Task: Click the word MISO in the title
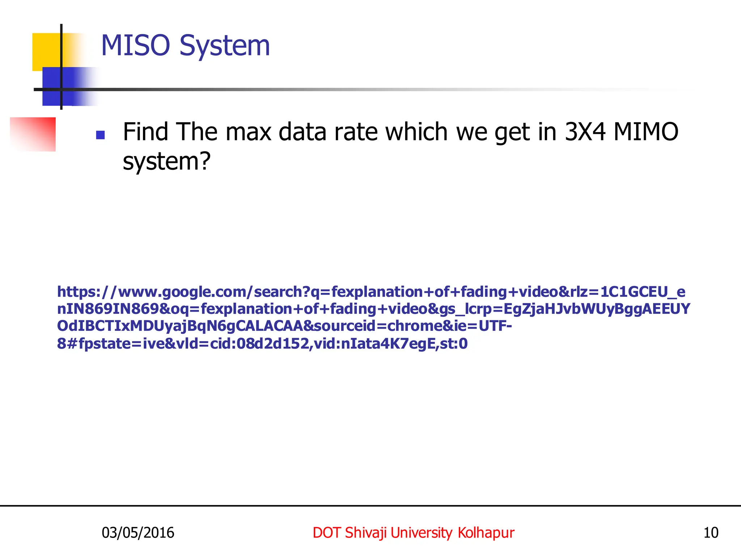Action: (135, 46)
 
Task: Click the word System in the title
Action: (225, 46)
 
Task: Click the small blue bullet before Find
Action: (100, 135)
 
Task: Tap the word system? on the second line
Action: (166, 161)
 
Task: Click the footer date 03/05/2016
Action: (138, 533)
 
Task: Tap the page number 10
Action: (711, 533)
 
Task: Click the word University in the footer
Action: (421, 533)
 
